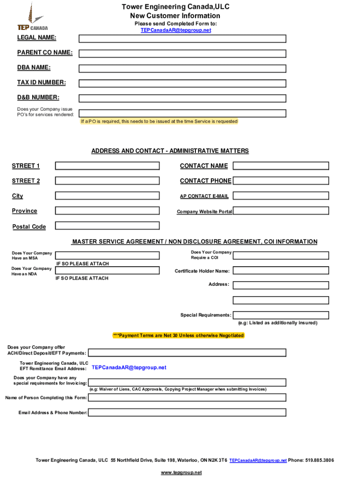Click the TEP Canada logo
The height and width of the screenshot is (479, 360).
[x=32, y=19]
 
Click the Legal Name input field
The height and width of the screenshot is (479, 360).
[x=182, y=38]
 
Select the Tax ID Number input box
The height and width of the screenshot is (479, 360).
[x=182, y=83]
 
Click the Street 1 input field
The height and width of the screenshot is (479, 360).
[x=108, y=166]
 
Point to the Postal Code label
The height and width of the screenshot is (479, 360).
[x=29, y=227]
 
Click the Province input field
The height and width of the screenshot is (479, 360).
[x=108, y=211]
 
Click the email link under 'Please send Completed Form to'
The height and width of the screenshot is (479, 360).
[x=176, y=30]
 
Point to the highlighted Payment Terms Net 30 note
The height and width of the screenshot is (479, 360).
[x=178, y=335]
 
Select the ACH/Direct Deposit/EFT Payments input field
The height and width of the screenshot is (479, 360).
[x=187, y=353]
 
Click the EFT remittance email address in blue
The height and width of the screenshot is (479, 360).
[x=129, y=368]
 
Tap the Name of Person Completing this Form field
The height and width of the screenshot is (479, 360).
[x=187, y=398]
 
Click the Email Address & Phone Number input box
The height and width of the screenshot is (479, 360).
[x=187, y=413]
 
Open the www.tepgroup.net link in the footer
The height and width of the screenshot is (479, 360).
[x=181, y=472]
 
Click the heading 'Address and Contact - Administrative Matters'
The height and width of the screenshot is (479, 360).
[x=170, y=151]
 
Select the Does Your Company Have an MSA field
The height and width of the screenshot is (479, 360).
[x=108, y=255]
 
